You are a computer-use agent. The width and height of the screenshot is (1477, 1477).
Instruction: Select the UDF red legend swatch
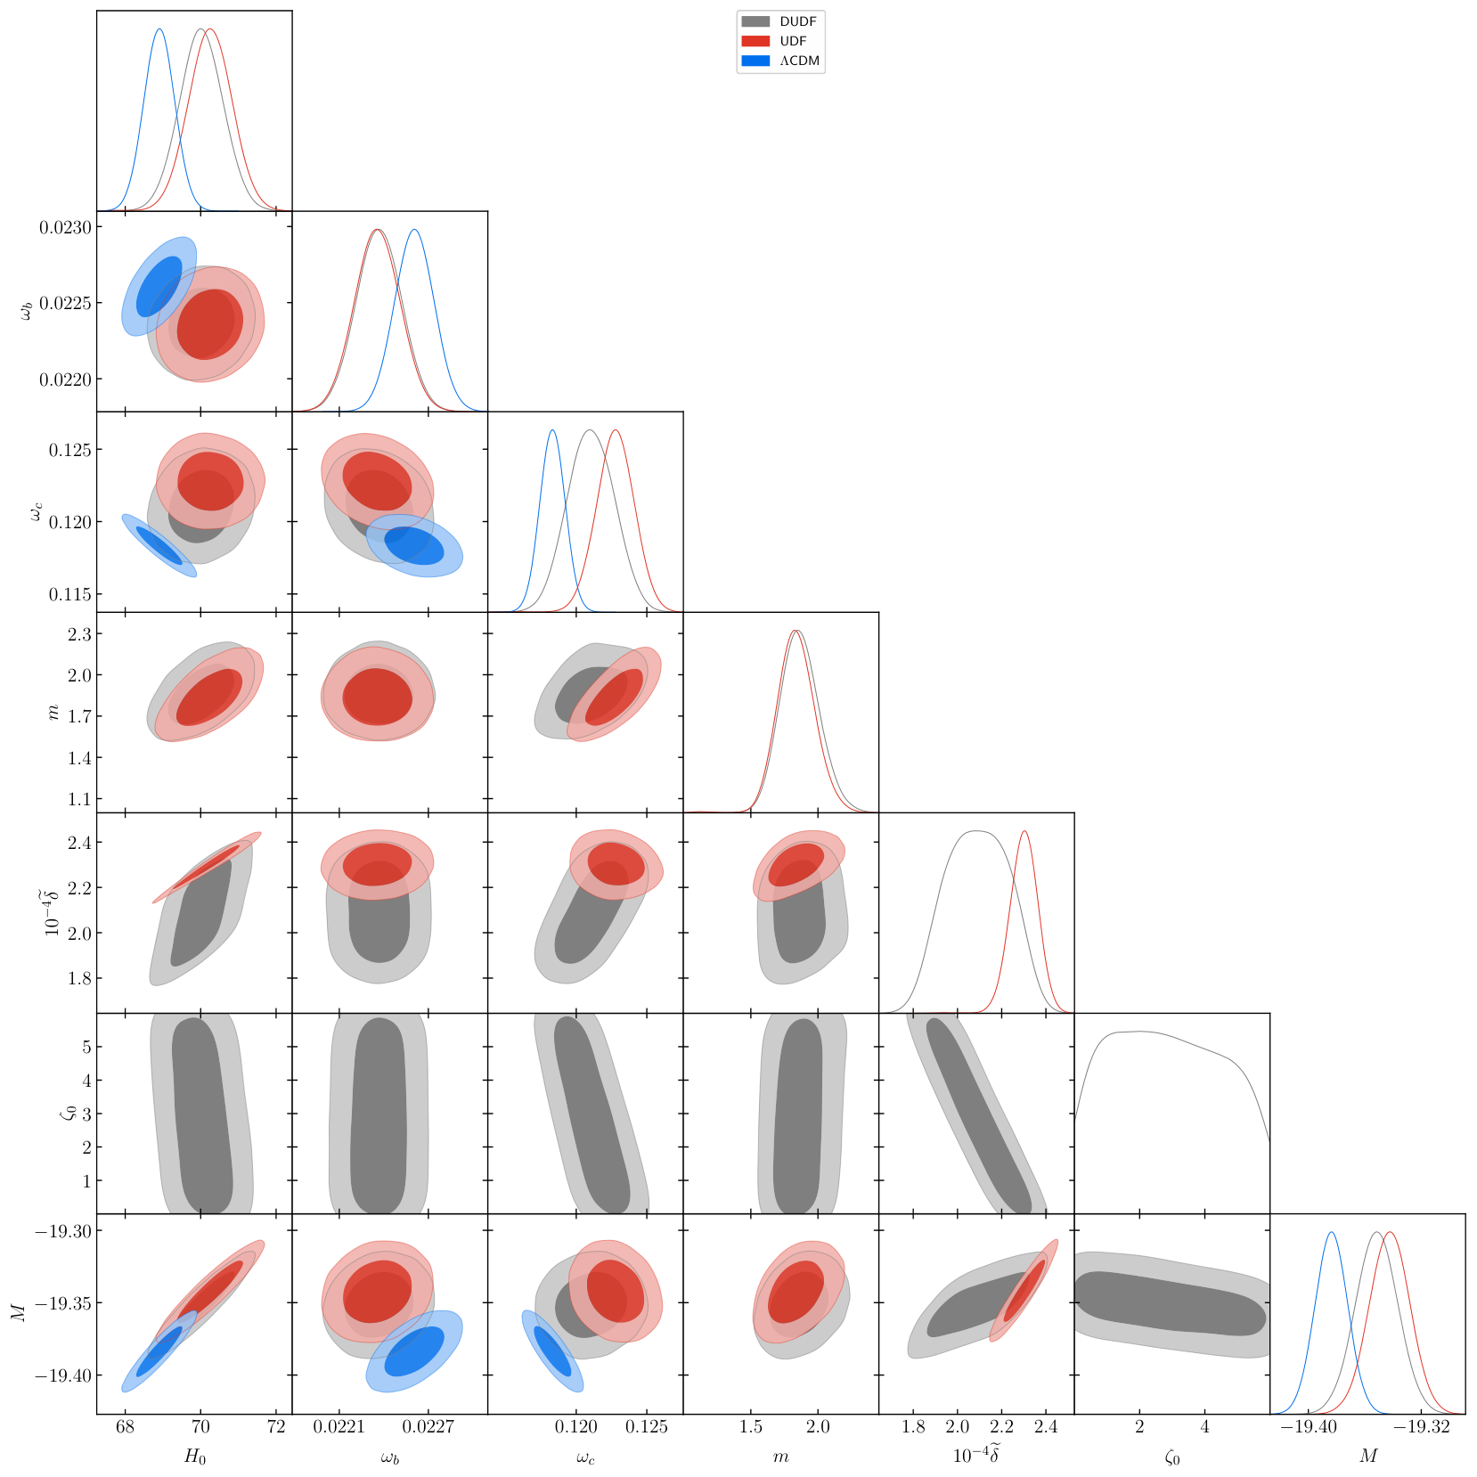tap(755, 41)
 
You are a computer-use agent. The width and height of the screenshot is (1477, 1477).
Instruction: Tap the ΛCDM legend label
tap(800, 61)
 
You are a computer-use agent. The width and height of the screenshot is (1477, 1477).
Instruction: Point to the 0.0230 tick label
tap(65, 227)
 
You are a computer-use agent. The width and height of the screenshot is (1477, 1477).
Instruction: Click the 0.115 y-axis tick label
tap(70, 594)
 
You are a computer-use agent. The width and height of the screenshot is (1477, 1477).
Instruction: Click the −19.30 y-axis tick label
tap(62, 1230)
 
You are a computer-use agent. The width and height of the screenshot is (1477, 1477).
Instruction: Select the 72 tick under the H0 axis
tap(276, 1426)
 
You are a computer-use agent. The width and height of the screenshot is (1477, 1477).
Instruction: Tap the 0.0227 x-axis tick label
tap(428, 1426)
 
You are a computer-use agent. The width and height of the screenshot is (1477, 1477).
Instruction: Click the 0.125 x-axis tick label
tap(647, 1426)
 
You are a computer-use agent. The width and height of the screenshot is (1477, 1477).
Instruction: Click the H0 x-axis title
tap(194, 1457)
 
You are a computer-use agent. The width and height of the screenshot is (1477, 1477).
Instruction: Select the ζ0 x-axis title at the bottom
tap(1172, 1457)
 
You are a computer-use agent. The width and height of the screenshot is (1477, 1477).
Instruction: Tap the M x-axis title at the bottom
tap(1368, 1456)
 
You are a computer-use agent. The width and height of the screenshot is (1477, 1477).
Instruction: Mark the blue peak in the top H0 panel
tap(159, 29)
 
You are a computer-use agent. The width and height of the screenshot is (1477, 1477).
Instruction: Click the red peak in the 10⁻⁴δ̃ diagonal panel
tap(1024, 832)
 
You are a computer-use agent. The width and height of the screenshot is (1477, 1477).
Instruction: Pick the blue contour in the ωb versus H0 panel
tap(159, 286)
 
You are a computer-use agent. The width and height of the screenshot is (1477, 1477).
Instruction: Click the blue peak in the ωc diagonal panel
tap(552, 431)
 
